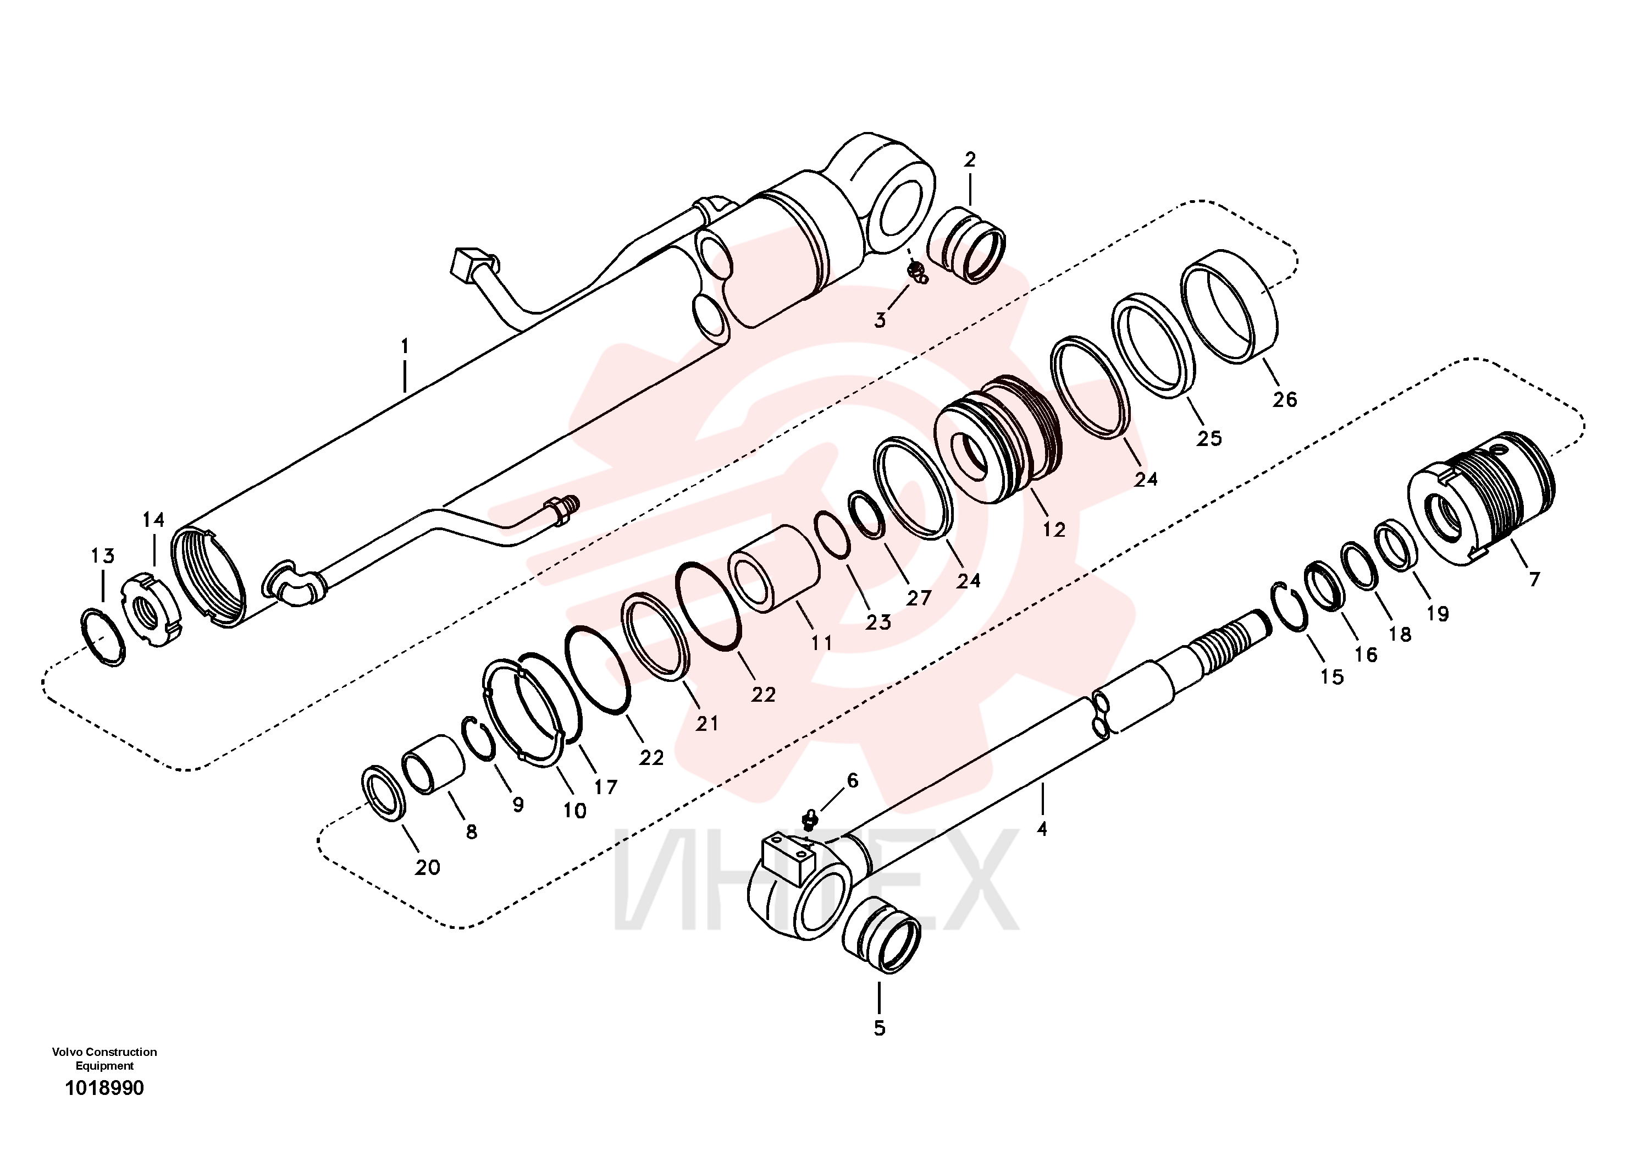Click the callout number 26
tap(1285, 399)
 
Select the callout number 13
tap(103, 555)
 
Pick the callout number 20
tap(428, 867)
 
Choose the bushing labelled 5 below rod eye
tap(881, 934)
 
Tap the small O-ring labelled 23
tap(832, 534)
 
